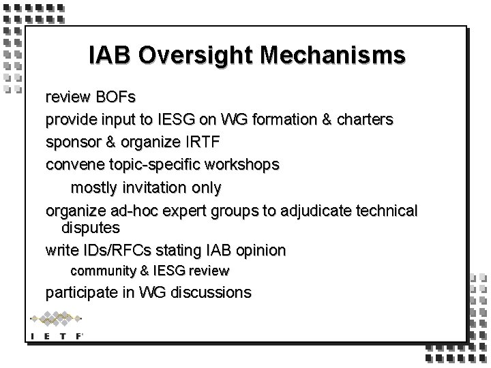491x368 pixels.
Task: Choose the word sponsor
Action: pos(71,142)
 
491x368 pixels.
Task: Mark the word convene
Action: pos(72,165)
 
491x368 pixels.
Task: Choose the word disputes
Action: pos(91,226)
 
